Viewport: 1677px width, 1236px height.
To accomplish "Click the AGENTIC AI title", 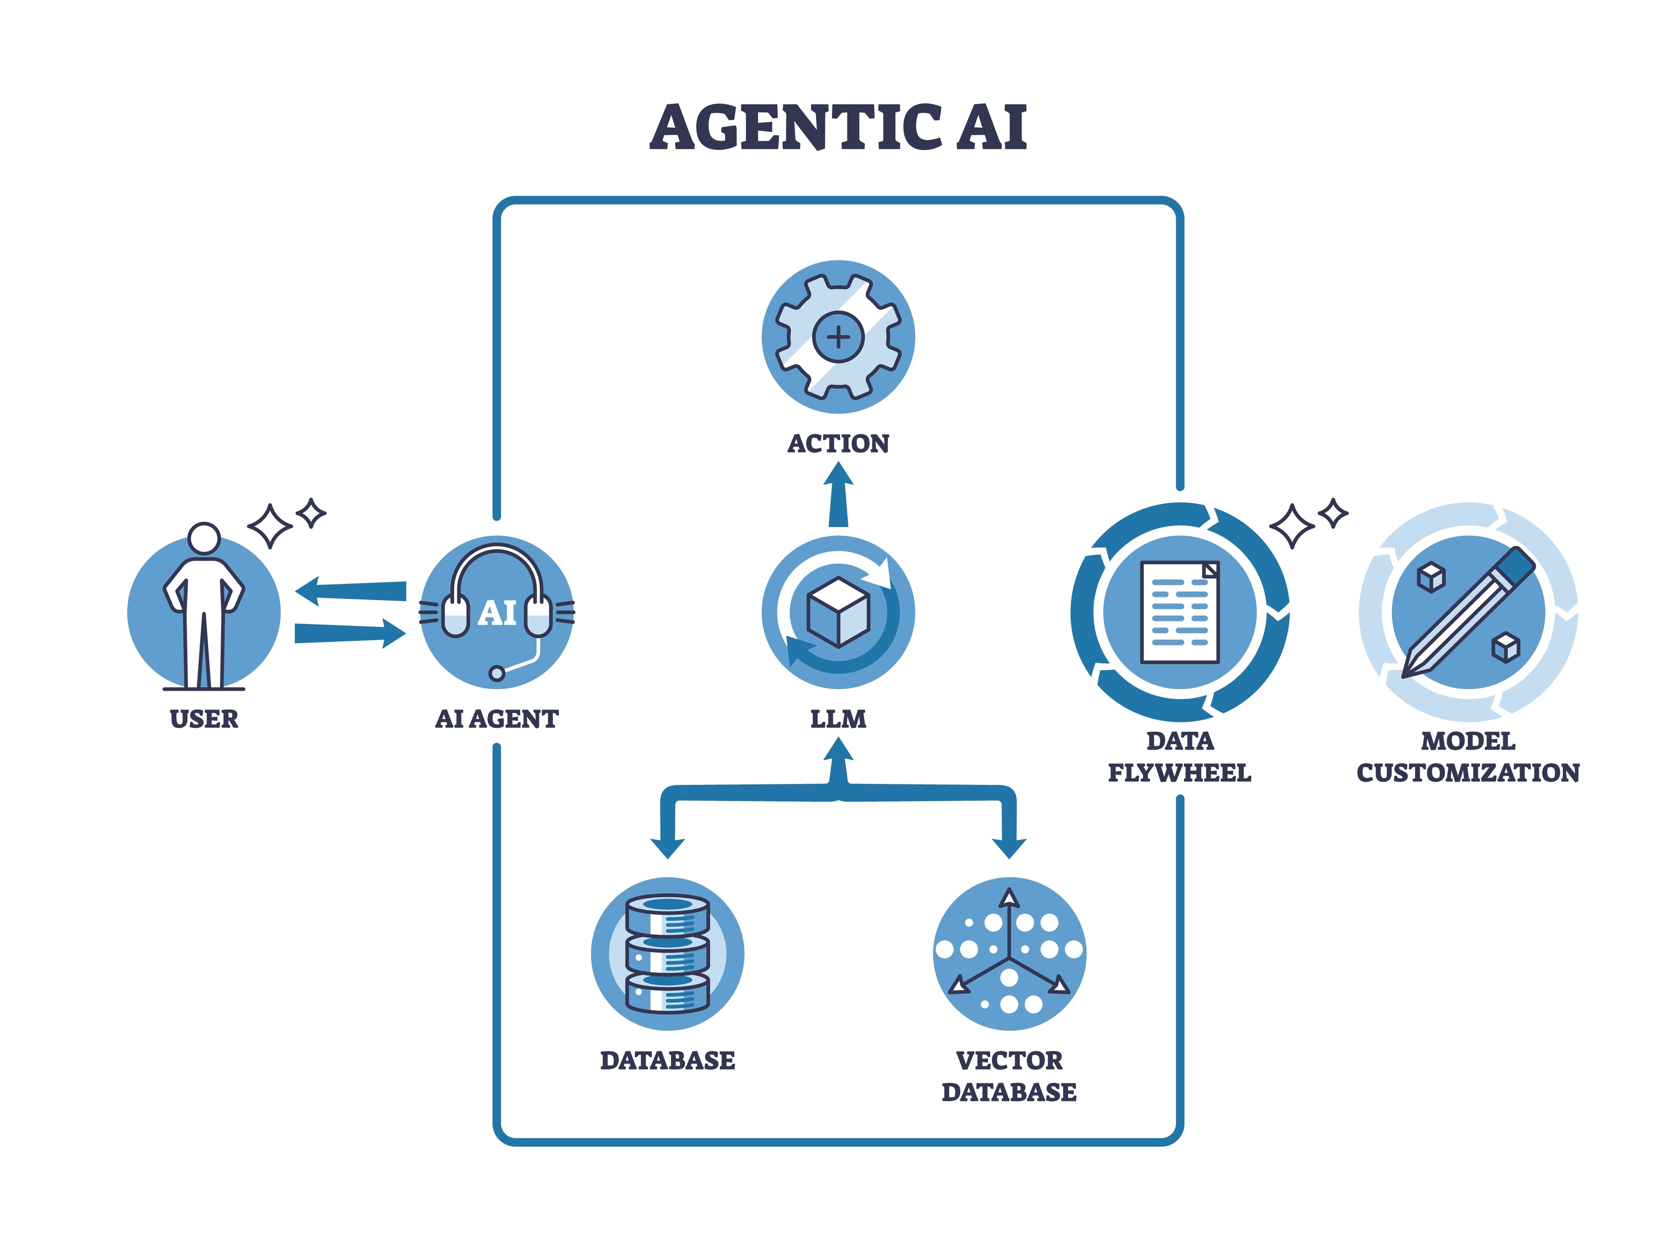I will (838, 127).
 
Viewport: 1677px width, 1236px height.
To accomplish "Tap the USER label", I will (203, 719).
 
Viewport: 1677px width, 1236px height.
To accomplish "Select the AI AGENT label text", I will (496, 719).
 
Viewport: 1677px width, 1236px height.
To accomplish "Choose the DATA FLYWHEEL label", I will (1180, 757).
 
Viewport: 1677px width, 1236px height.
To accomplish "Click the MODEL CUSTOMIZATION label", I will (1467, 757).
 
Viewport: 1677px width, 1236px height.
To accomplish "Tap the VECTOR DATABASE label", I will (1009, 1076).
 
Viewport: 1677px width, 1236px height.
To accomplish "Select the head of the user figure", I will (203, 538).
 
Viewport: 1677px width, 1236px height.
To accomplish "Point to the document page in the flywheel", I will (1180, 612).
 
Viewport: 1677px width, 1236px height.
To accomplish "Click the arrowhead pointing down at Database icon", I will (667, 848).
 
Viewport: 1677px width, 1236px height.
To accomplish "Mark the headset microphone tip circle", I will (496, 673).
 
